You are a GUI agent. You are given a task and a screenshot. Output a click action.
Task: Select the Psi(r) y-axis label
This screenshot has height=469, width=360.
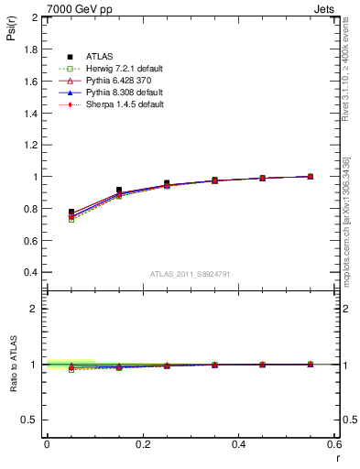10,31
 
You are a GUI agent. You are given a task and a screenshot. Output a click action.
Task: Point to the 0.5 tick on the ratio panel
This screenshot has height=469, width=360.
32,420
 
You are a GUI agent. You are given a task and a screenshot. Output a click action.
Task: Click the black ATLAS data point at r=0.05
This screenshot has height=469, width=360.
71,213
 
